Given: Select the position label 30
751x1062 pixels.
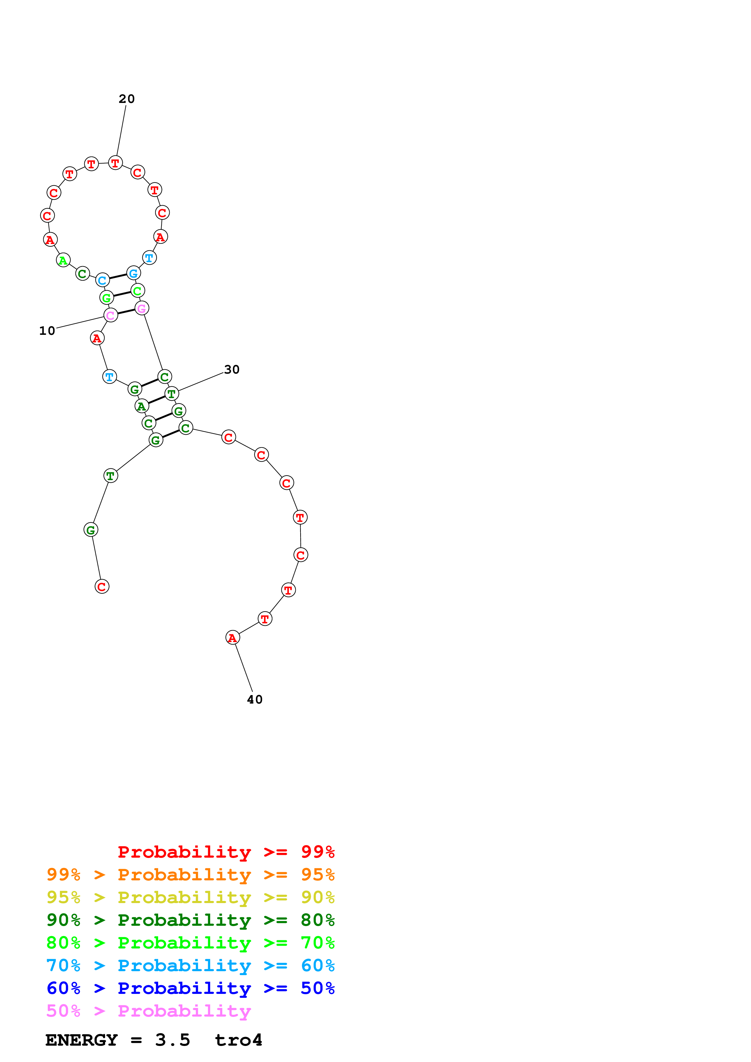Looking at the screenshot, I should (231, 370).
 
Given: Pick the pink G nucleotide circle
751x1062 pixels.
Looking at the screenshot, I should (141, 308).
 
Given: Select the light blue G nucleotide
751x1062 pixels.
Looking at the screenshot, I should (133, 273).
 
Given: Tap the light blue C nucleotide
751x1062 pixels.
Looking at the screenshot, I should (102, 280).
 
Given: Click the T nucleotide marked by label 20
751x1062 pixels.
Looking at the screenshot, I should (115, 163).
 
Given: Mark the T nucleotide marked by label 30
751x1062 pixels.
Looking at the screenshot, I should (172, 394).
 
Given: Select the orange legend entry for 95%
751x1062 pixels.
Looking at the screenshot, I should (190, 874).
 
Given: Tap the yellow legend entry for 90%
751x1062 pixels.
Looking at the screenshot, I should (190, 897).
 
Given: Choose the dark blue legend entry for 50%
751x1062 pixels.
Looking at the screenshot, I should (190, 988).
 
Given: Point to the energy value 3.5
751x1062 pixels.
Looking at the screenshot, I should (173, 1040).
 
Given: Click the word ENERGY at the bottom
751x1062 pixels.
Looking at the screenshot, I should (81, 1040).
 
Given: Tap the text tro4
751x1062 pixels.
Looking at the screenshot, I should (238, 1040).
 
